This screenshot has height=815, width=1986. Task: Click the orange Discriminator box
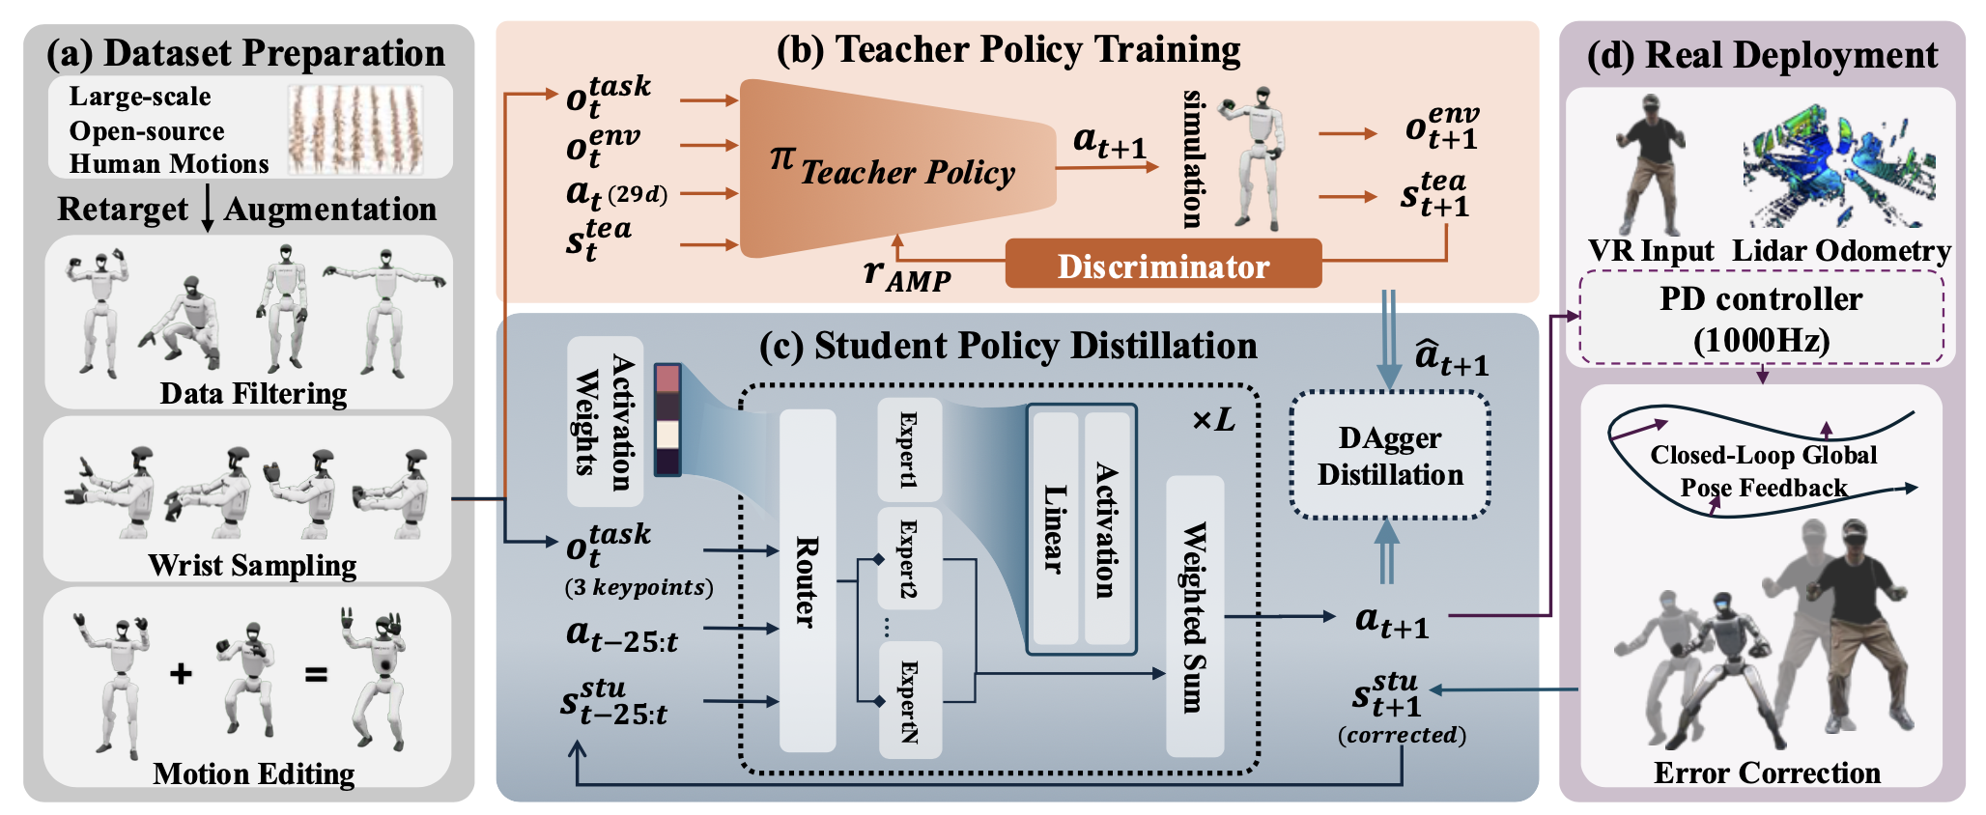tap(1163, 265)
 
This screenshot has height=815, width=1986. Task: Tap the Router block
tap(807, 580)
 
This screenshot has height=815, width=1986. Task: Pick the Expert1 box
tap(908, 449)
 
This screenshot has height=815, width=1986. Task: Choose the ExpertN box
tap(908, 700)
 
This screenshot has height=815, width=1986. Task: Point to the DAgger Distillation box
tap(1390, 456)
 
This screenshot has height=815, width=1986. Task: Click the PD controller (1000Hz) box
tap(1761, 318)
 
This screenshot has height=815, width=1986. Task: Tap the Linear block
tap(1054, 529)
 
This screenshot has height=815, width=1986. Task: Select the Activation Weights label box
tap(605, 421)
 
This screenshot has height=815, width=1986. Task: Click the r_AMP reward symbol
tap(906, 275)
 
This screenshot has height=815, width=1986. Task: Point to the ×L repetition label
tap(1213, 420)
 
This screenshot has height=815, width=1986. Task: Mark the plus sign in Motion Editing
tap(181, 673)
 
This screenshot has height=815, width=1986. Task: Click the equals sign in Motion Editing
tap(316, 674)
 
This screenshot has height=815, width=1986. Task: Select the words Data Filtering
tap(253, 394)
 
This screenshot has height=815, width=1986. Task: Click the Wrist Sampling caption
tap(252, 565)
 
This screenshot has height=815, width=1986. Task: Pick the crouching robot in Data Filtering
tap(184, 323)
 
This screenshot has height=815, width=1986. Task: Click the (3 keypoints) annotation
tap(638, 587)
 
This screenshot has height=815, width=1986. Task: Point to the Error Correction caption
tap(1767, 773)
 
